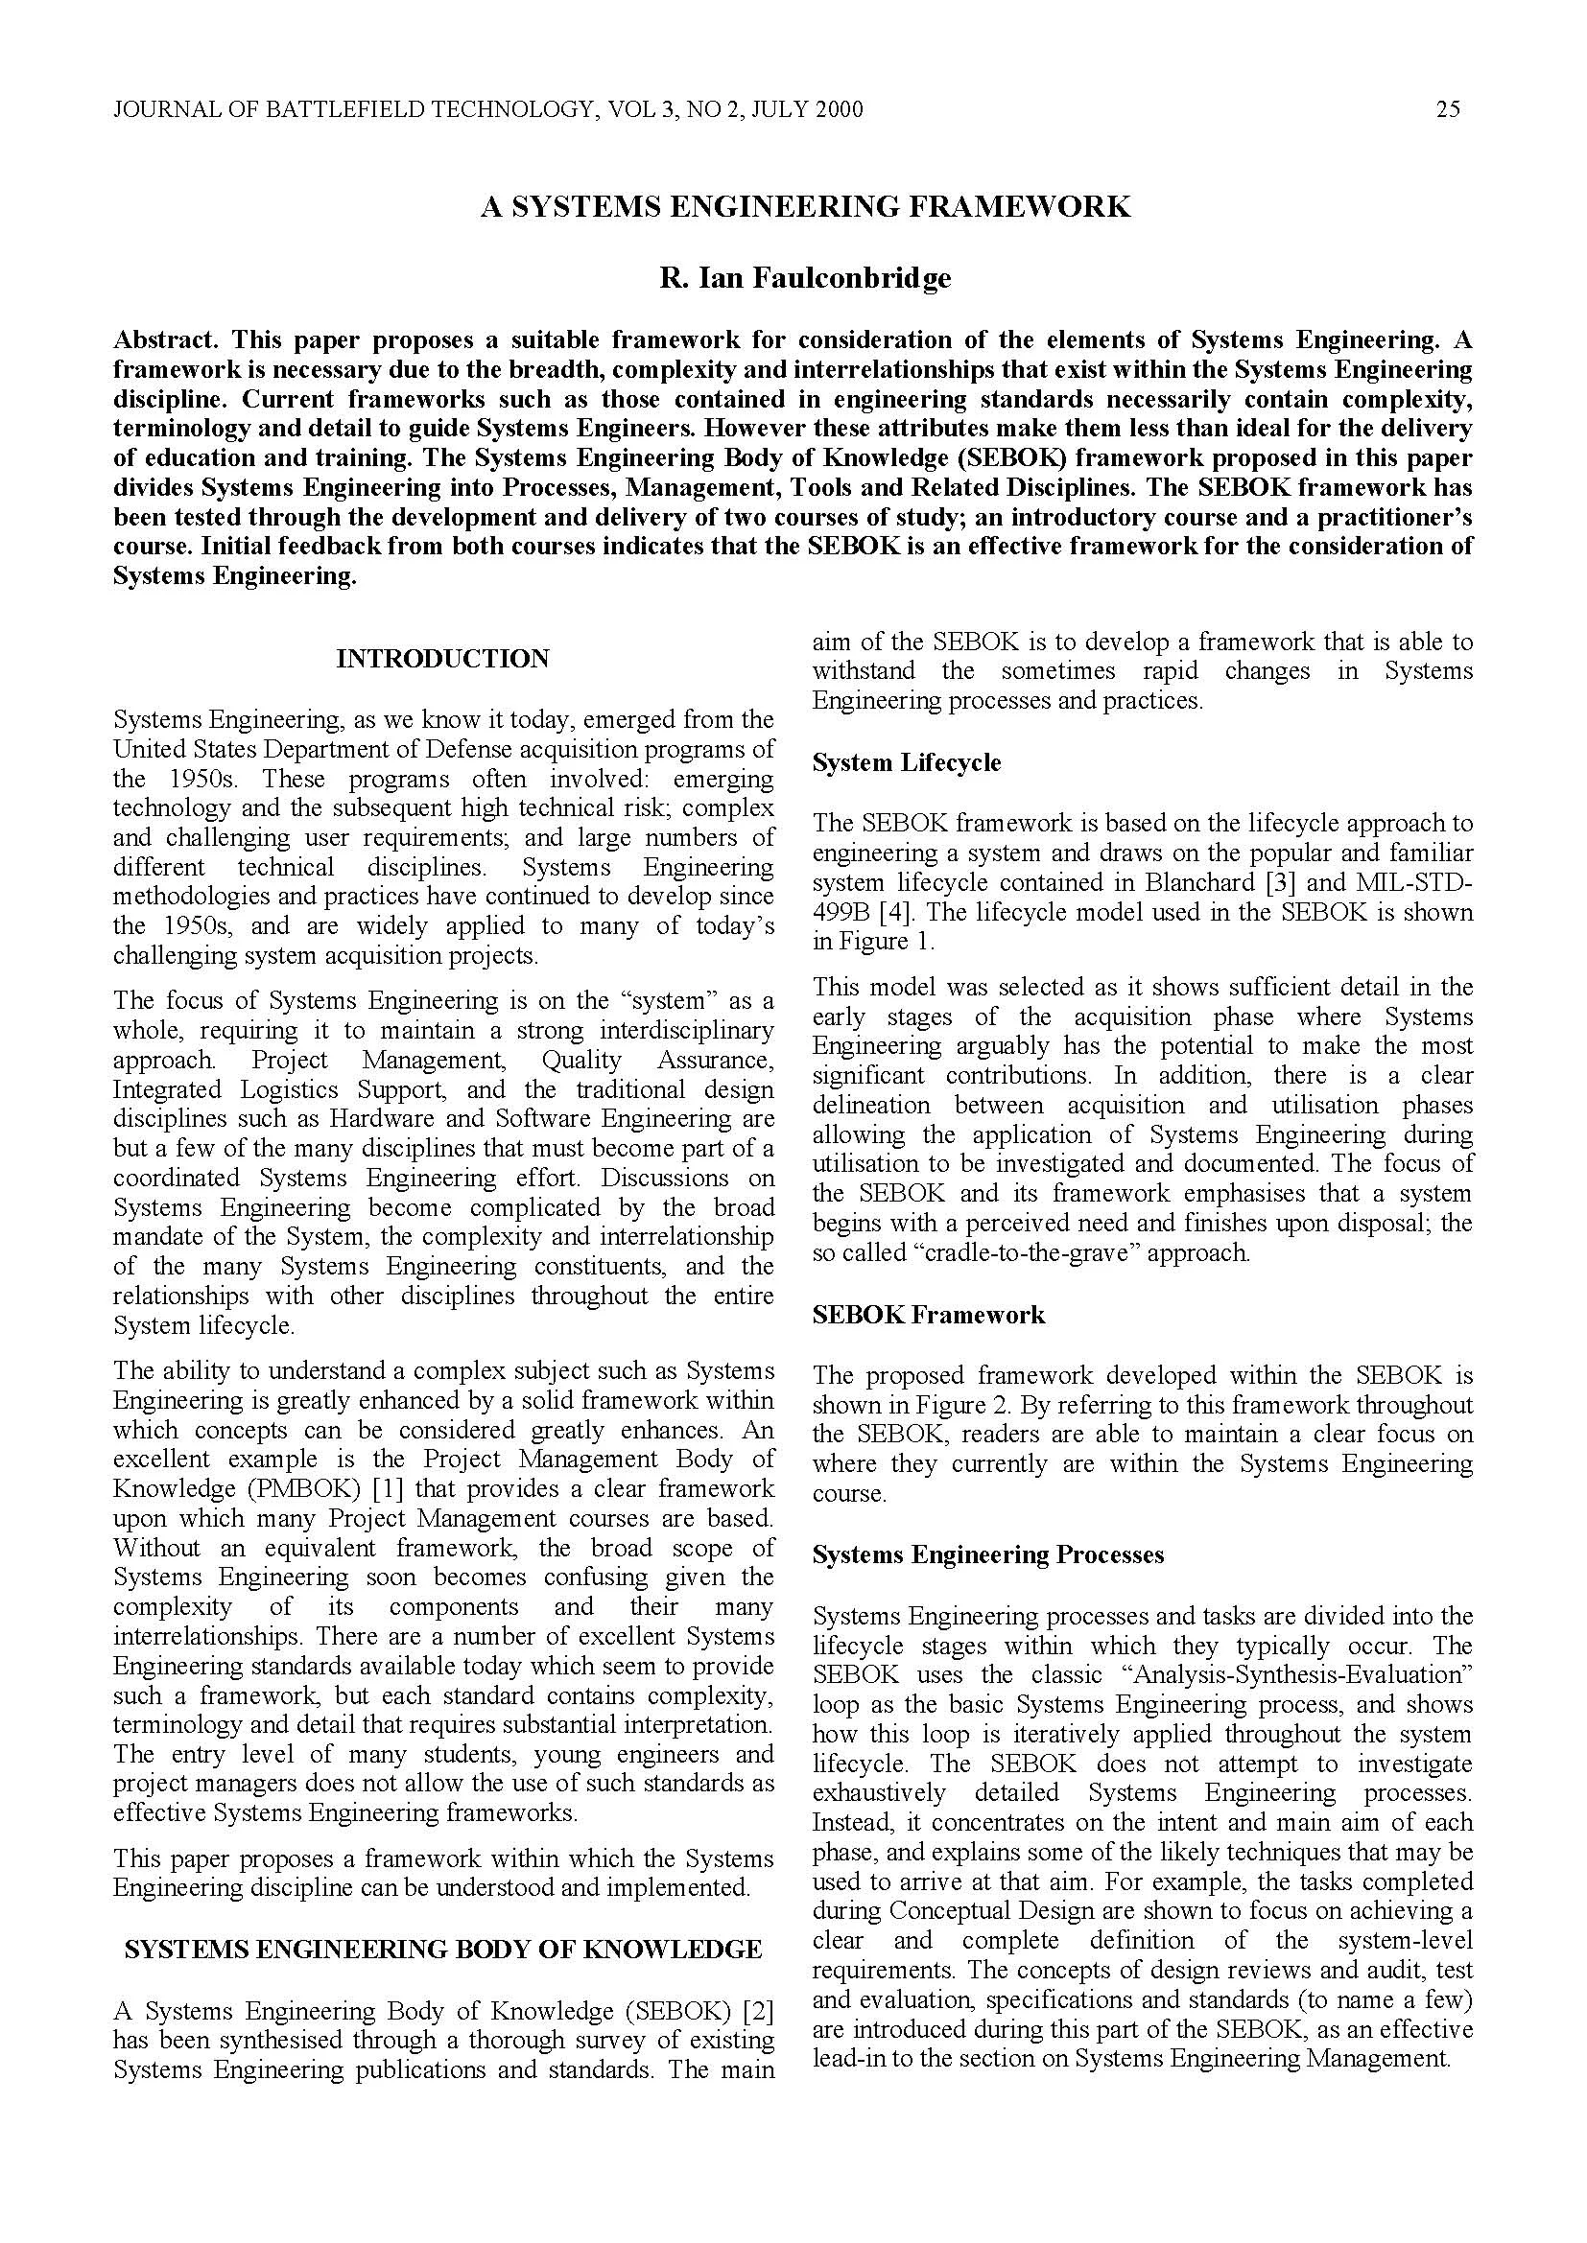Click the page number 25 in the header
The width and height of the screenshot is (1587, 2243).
click(x=1447, y=109)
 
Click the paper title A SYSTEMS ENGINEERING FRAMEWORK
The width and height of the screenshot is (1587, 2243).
click(x=805, y=206)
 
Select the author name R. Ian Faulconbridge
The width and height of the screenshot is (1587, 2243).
click(x=805, y=278)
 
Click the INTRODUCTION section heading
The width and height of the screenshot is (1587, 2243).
click(x=442, y=659)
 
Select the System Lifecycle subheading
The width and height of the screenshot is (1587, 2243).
click(x=906, y=762)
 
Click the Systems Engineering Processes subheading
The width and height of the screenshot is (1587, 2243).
click(x=987, y=1554)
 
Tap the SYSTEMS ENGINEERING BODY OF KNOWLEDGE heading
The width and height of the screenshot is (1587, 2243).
click(x=442, y=1949)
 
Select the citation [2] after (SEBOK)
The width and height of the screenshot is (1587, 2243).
click(x=758, y=2011)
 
